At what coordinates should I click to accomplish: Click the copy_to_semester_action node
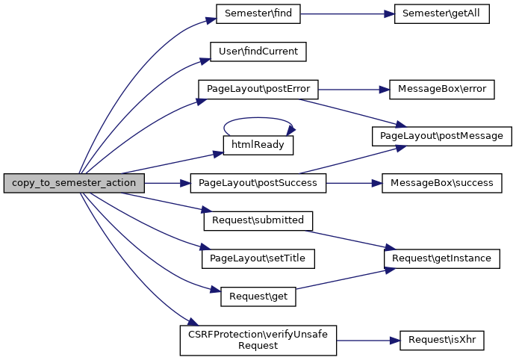point(72,183)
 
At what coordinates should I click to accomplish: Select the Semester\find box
point(258,13)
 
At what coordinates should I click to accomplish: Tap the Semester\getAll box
point(441,13)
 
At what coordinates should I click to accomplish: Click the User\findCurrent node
point(258,52)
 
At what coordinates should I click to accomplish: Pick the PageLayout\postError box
point(258,89)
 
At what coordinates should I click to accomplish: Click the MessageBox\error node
point(442,89)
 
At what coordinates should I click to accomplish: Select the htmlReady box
point(258,145)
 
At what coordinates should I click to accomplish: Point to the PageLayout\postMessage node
point(442,136)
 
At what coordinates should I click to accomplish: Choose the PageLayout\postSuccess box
point(258,183)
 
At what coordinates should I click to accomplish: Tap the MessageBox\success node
point(442,183)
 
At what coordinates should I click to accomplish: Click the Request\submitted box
point(258,220)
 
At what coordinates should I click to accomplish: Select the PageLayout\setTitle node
point(258,258)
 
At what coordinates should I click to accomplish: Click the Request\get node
point(258,296)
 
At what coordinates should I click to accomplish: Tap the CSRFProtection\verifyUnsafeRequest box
point(258,340)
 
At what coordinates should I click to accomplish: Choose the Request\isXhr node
point(442,340)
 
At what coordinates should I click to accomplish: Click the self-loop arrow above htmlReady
point(258,118)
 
